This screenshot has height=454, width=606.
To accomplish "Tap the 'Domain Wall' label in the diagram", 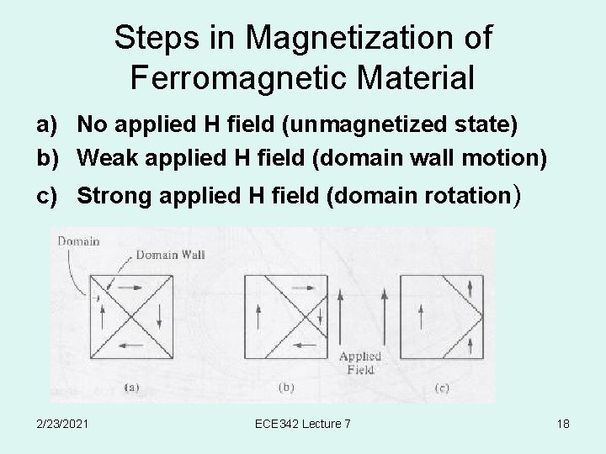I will click(x=170, y=254).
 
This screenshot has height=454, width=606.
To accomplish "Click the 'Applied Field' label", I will click(x=360, y=362).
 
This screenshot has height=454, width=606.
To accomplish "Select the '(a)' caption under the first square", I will click(x=133, y=388).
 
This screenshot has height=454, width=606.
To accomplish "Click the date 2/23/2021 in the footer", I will click(x=65, y=424).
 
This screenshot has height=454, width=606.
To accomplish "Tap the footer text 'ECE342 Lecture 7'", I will click(x=303, y=424).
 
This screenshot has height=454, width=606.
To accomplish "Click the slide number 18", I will click(x=562, y=424).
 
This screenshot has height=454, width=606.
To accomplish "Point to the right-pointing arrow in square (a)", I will click(x=130, y=289).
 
